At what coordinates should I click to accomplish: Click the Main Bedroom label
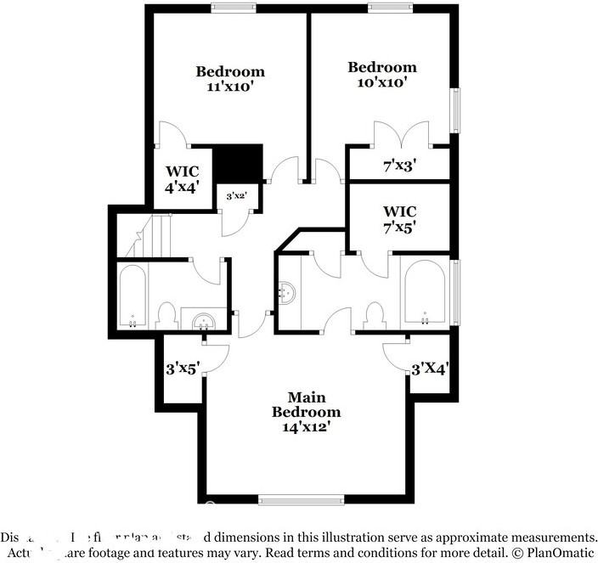point(306,404)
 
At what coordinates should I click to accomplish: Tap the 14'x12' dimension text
point(306,427)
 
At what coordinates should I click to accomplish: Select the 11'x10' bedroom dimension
point(230,87)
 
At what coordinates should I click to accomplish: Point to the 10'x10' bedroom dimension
point(382,82)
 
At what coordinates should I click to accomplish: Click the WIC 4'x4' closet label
point(182,179)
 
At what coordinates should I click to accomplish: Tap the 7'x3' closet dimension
point(399,165)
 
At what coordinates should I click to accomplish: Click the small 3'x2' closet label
point(236,196)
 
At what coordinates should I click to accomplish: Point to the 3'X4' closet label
point(430,369)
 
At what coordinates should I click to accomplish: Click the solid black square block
point(236,161)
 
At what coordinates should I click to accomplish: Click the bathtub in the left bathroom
point(133,296)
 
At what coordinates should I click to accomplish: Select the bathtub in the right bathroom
point(424,293)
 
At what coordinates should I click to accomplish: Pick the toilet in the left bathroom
point(167,316)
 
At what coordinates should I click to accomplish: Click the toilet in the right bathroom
point(373,316)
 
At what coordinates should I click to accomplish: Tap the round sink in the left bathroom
point(204,321)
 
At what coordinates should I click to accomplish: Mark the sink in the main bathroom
point(288,294)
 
